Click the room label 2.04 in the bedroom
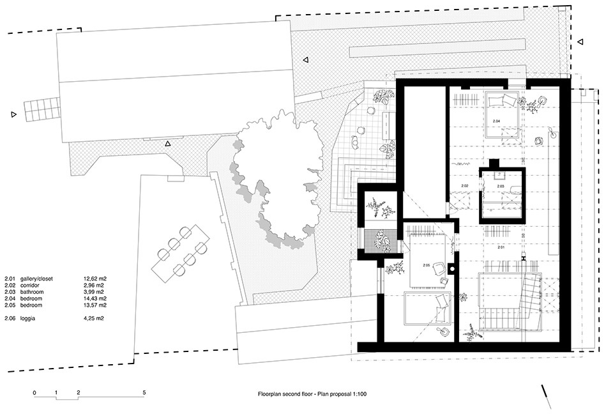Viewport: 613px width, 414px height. pos(496,121)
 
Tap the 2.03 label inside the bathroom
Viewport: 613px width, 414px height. pos(501,187)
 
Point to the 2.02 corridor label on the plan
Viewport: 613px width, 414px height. pos(464,186)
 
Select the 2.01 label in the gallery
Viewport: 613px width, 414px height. pos(501,247)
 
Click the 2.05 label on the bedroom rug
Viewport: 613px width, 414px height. pos(426,265)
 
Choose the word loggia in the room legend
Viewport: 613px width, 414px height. pos(27,319)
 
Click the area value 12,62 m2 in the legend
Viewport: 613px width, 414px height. pos(95,279)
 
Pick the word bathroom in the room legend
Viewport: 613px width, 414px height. pos(32,292)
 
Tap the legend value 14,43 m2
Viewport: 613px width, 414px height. pos(95,298)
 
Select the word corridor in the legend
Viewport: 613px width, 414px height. pos(30,285)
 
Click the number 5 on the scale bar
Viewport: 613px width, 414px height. pos(144,392)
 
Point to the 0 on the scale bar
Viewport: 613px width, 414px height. pos(34,392)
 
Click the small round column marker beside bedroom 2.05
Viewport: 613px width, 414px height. pos(452,269)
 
